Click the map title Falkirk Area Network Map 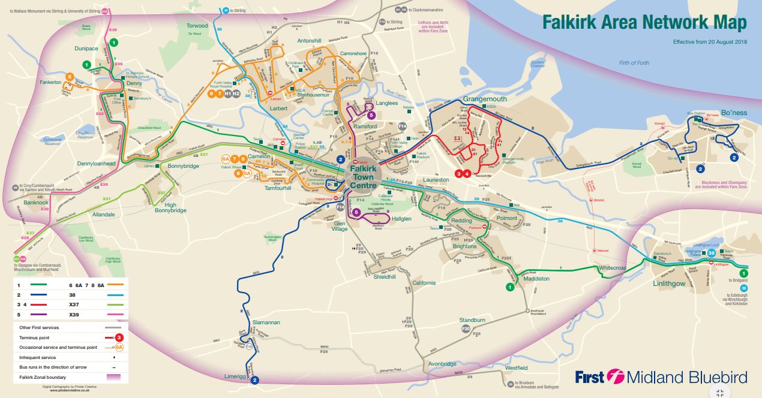644,22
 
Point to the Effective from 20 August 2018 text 710,42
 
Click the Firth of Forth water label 634,63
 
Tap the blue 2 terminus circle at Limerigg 254,380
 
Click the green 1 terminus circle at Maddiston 509,288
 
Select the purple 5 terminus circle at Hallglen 356,212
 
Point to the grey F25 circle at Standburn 466,328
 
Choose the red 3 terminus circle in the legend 119,337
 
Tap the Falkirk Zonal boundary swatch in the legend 113,377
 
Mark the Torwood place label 197,26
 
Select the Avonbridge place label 443,364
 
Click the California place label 424,282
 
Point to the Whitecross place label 612,268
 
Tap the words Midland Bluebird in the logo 687,377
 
